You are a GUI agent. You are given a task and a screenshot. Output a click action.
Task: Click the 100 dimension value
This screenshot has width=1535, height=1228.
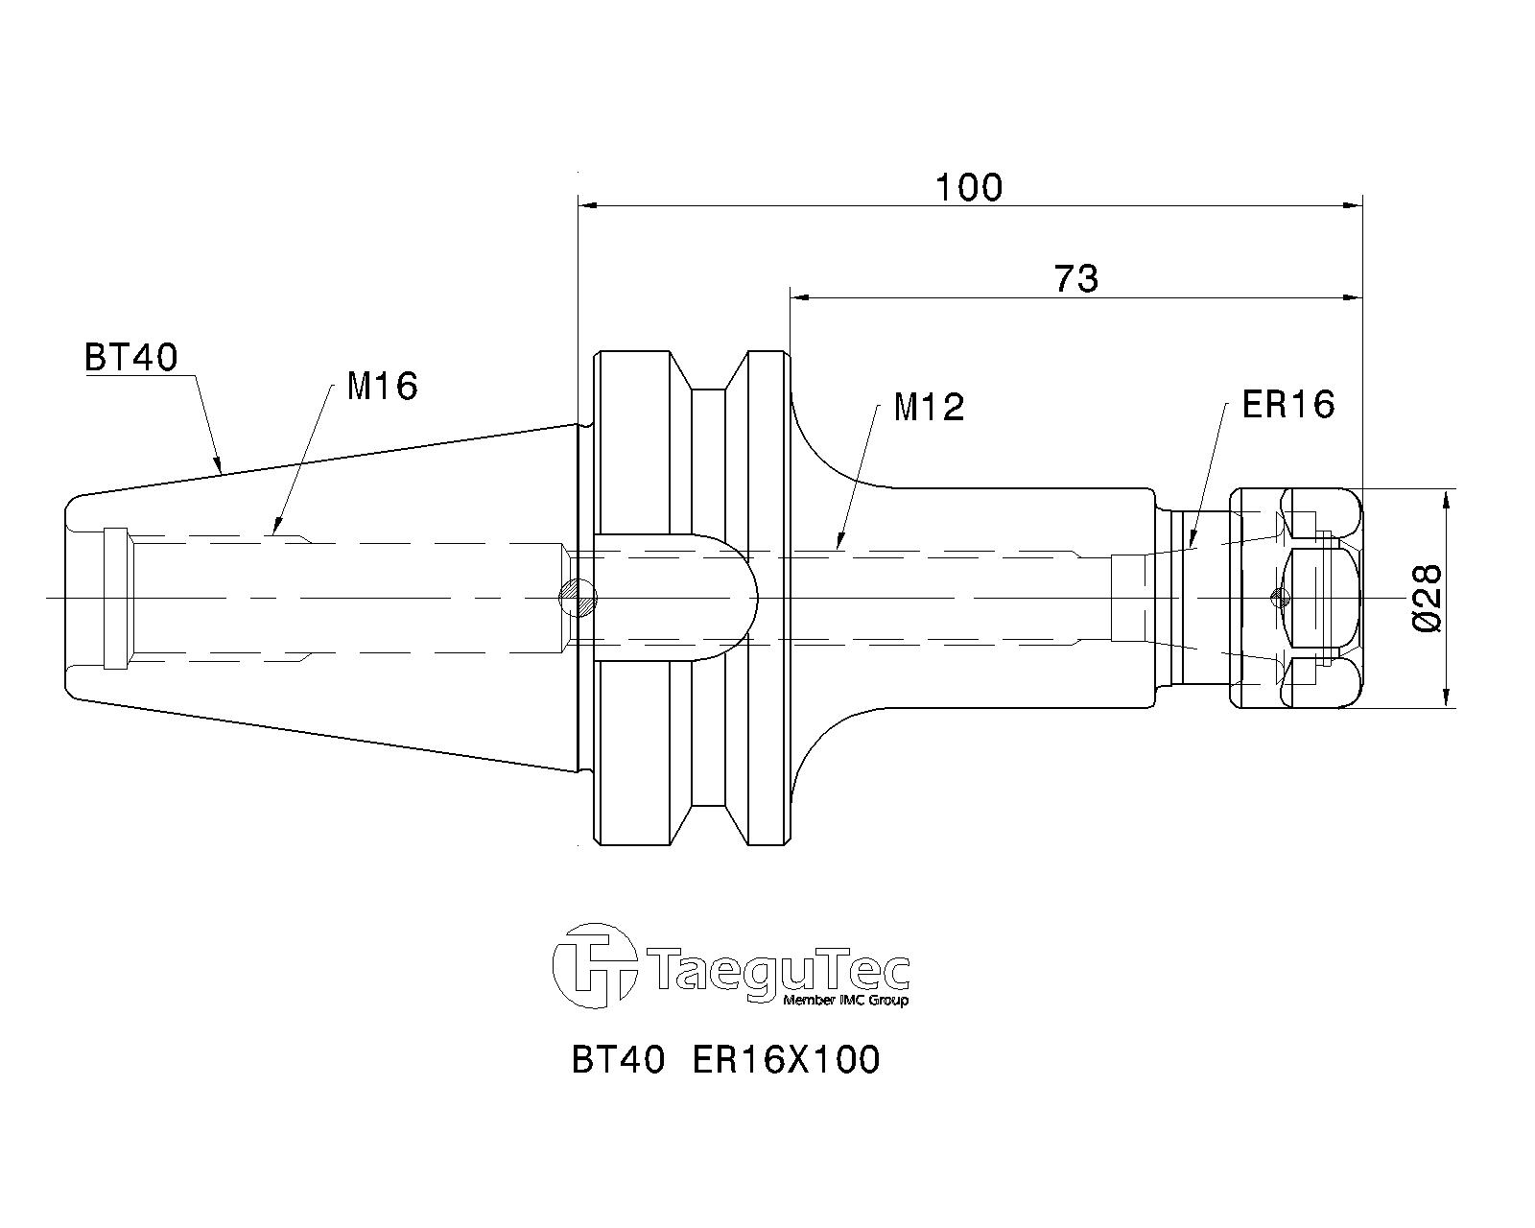click(969, 187)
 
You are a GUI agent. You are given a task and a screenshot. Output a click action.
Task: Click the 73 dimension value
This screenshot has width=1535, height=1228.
click(1076, 278)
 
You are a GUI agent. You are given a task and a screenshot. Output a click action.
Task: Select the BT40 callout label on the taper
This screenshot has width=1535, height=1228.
click(130, 357)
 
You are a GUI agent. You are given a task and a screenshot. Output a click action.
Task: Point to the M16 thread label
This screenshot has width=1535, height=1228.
click(383, 386)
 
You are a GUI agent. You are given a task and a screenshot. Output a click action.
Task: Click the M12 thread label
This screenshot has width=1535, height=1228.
click(929, 408)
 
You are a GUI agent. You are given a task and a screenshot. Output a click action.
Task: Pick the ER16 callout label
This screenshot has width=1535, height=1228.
click(1288, 405)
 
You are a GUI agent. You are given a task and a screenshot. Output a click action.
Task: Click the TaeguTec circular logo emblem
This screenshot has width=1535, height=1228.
click(595, 966)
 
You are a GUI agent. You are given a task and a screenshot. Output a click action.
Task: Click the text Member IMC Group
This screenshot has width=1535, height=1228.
click(846, 1000)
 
